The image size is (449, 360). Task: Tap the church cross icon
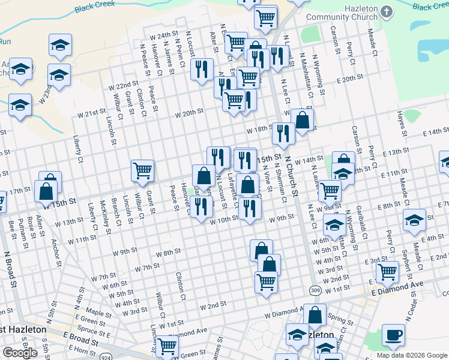click(x=387, y=11)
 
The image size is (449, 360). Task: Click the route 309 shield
click(x=316, y=290)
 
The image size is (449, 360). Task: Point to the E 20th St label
click(x=351, y=79)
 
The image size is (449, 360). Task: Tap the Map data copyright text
click(x=412, y=355)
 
